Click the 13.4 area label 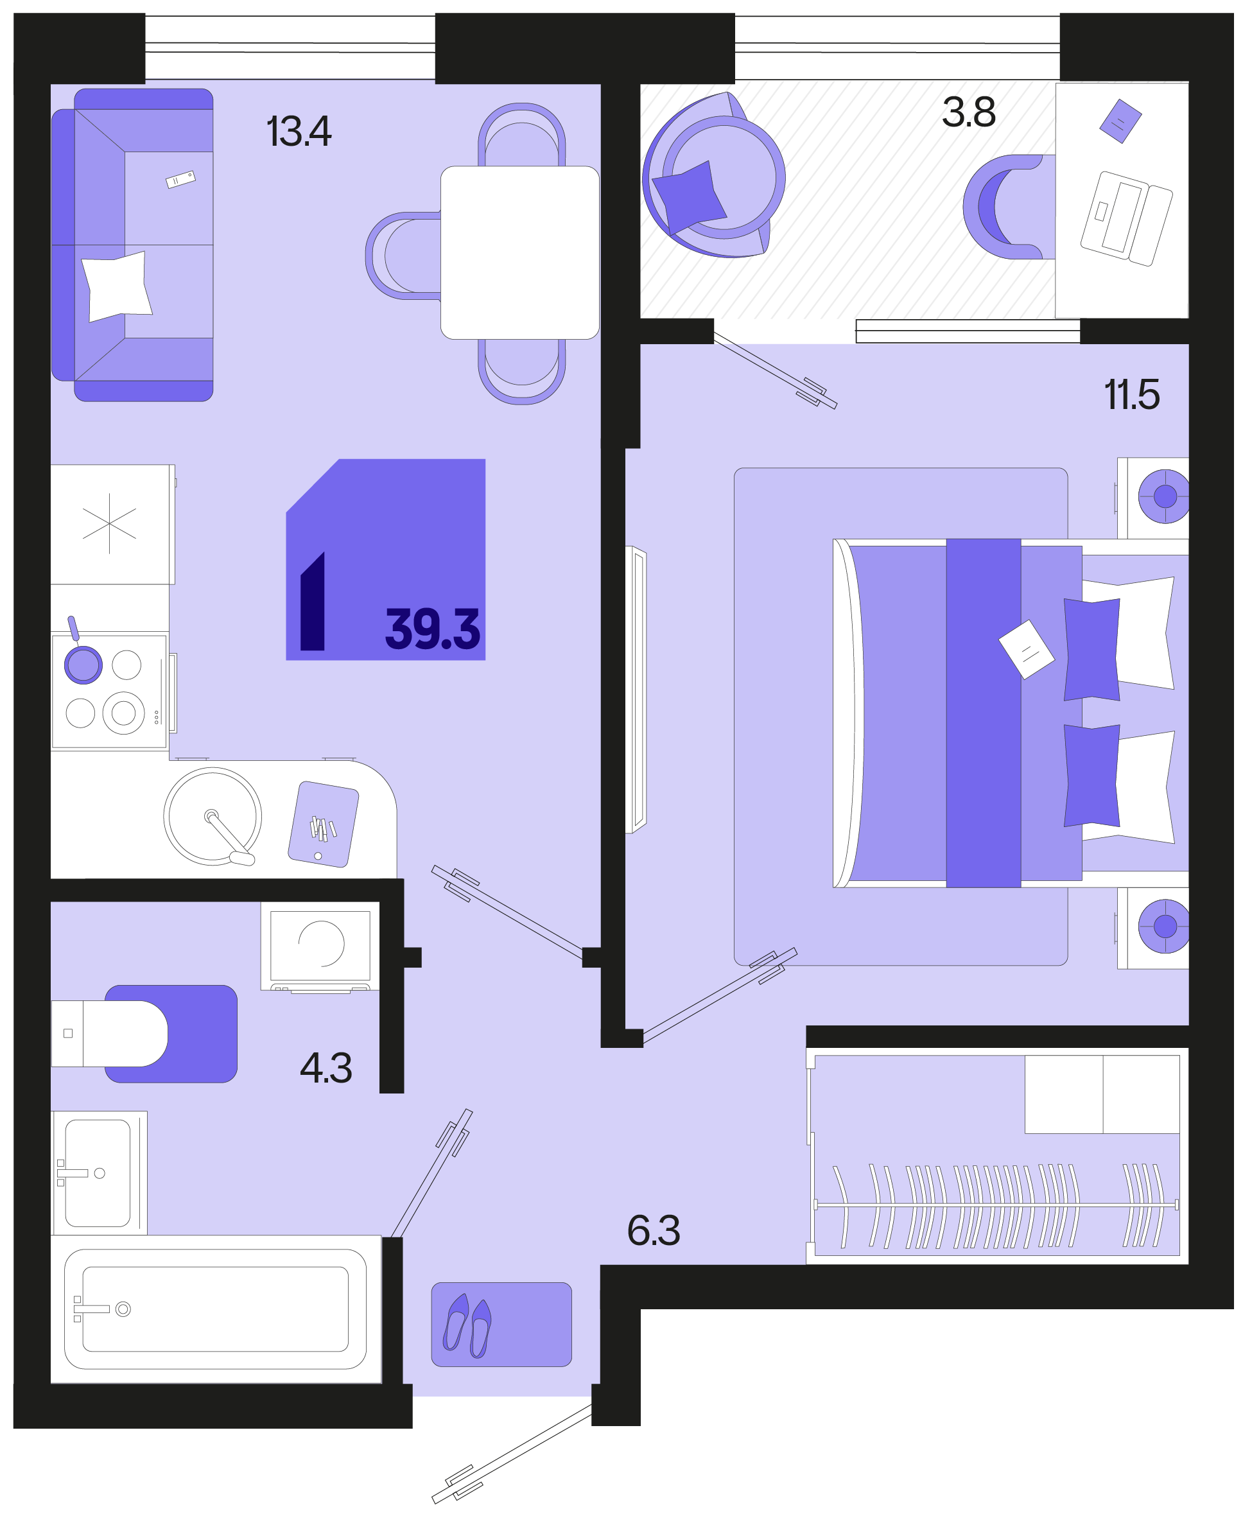coord(299,132)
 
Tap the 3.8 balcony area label coord(969,112)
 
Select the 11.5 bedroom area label coord(1132,395)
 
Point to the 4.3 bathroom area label coord(326,1068)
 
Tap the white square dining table coord(520,252)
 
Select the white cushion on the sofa coord(117,286)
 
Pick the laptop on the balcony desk coord(1126,218)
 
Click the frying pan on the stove coord(82,657)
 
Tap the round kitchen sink coord(213,816)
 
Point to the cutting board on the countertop coord(323,824)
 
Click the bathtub coord(216,1309)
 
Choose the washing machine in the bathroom coord(320,946)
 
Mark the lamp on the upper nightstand coord(1163,496)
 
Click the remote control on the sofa coord(180,179)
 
